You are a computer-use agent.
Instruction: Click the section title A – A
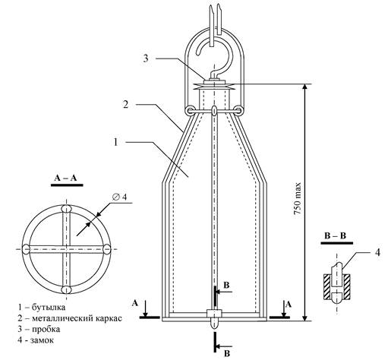pyautogui.click(x=65, y=178)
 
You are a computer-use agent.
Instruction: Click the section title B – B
pyautogui.click(x=335, y=236)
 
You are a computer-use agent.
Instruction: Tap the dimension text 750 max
pyautogui.click(x=298, y=199)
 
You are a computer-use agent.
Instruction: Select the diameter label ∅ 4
pyautogui.click(x=120, y=197)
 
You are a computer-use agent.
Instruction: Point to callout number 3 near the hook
pyautogui.click(x=146, y=58)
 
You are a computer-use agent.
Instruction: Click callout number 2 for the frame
pyautogui.click(x=126, y=104)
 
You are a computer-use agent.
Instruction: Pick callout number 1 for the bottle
pyautogui.click(x=116, y=142)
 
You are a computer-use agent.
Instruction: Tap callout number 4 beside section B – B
pyautogui.click(x=377, y=252)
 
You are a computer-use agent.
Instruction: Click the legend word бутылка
pyautogui.click(x=49, y=307)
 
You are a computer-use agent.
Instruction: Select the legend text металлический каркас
pyautogui.click(x=77, y=318)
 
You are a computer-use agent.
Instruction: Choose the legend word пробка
pyautogui.click(x=46, y=329)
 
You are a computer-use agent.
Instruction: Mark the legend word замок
pyautogui.click(x=42, y=340)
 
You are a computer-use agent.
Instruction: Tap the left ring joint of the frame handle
pyautogui.click(x=189, y=110)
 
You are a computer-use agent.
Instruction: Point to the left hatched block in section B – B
pyautogui.click(x=328, y=287)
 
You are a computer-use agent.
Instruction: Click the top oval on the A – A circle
pyautogui.click(x=66, y=209)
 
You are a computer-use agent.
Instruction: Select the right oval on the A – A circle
pyautogui.click(x=107, y=248)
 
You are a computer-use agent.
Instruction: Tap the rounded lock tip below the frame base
pyautogui.click(x=214, y=324)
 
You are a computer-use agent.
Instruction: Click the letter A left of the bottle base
pyautogui.click(x=135, y=303)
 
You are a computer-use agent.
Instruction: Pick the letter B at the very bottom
pyautogui.click(x=227, y=353)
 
